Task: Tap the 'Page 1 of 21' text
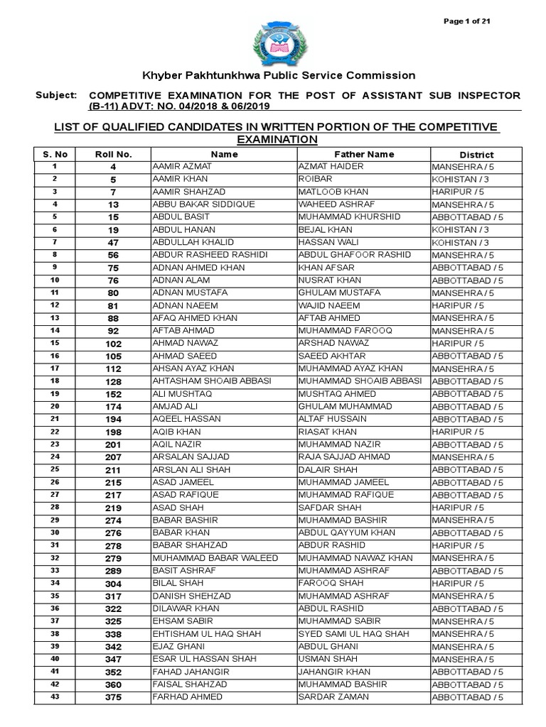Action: [x=466, y=21]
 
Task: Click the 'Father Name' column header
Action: [x=364, y=154]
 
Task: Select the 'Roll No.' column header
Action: [x=113, y=154]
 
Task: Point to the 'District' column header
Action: [x=476, y=154]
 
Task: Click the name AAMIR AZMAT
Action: [x=178, y=166]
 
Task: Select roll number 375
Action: [x=113, y=698]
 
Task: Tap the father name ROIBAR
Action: [x=316, y=179]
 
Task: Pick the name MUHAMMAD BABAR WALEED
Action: [x=215, y=558]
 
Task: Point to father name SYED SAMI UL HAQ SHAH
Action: [x=353, y=634]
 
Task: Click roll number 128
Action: [x=113, y=381]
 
